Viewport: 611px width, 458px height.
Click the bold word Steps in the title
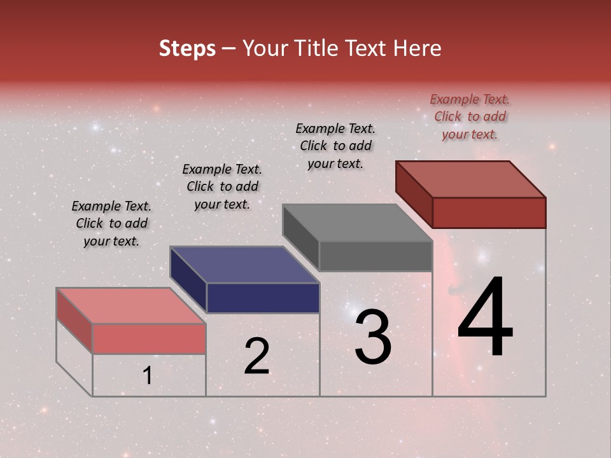[187, 48]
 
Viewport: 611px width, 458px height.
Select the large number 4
[485, 317]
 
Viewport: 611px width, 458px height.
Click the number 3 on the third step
[373, 337]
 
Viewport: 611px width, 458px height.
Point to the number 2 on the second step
[256, 356]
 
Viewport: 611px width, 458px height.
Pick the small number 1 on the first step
[147, 376]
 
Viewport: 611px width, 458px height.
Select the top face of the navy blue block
[244, 265]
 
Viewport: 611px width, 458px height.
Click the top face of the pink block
[131, 306]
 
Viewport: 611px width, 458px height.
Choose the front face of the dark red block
[489, 212]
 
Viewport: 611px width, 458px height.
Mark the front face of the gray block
[376, 256]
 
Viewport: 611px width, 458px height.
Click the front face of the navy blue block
[263, 298]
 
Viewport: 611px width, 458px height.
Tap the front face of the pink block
[149, 338]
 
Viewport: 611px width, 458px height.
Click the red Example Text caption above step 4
[470, 116]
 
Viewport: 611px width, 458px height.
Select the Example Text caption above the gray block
[335, 146]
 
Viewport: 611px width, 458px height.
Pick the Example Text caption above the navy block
[222, 186]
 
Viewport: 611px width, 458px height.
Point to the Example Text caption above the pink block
[111, 223]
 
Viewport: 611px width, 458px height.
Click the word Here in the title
[418, 48]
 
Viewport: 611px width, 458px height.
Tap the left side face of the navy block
[188, 279]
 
